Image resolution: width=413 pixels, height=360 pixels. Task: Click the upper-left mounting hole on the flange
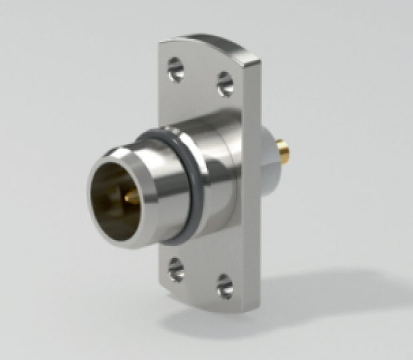tap(175, 69)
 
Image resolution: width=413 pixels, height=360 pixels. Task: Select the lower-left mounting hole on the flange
tap(176, 269)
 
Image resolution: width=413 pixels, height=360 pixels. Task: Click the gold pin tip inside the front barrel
tap(131, 196)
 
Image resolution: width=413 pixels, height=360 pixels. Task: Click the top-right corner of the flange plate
tap(257, 62)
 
